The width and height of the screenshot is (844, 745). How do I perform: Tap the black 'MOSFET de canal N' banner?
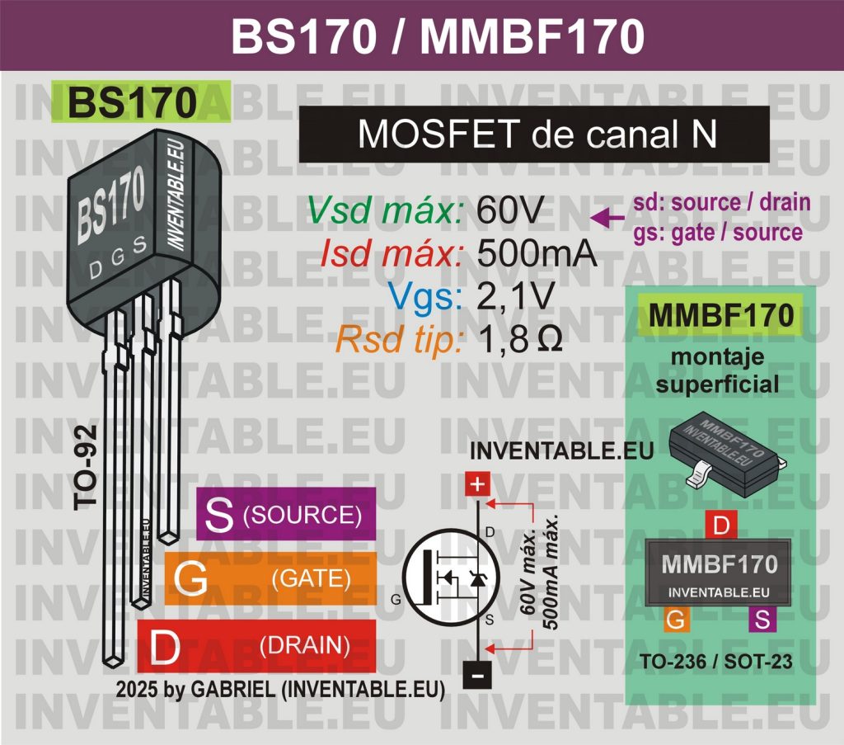pyautogui.click(x=533, y=134)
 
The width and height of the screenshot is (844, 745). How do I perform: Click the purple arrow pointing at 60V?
pyautogui.click(x=608, y=217)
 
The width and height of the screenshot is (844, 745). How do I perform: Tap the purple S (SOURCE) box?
pyautogui.click(x=286, y=515)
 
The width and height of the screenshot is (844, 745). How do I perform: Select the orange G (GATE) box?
pyautogui.click(x=270, y=578)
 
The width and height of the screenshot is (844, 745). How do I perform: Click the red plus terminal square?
pyautogui.click(x=476, y=484)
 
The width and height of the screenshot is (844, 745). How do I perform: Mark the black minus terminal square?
pyautogui.click(x=476, y=674)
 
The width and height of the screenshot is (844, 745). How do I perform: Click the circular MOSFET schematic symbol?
pyautogui.click(x=448, y=577)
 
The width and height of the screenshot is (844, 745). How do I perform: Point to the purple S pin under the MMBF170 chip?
pyautogui.click(x=762, y=620)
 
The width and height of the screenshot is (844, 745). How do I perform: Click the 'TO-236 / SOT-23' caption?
pyautogui.click(x=720, y=662)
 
